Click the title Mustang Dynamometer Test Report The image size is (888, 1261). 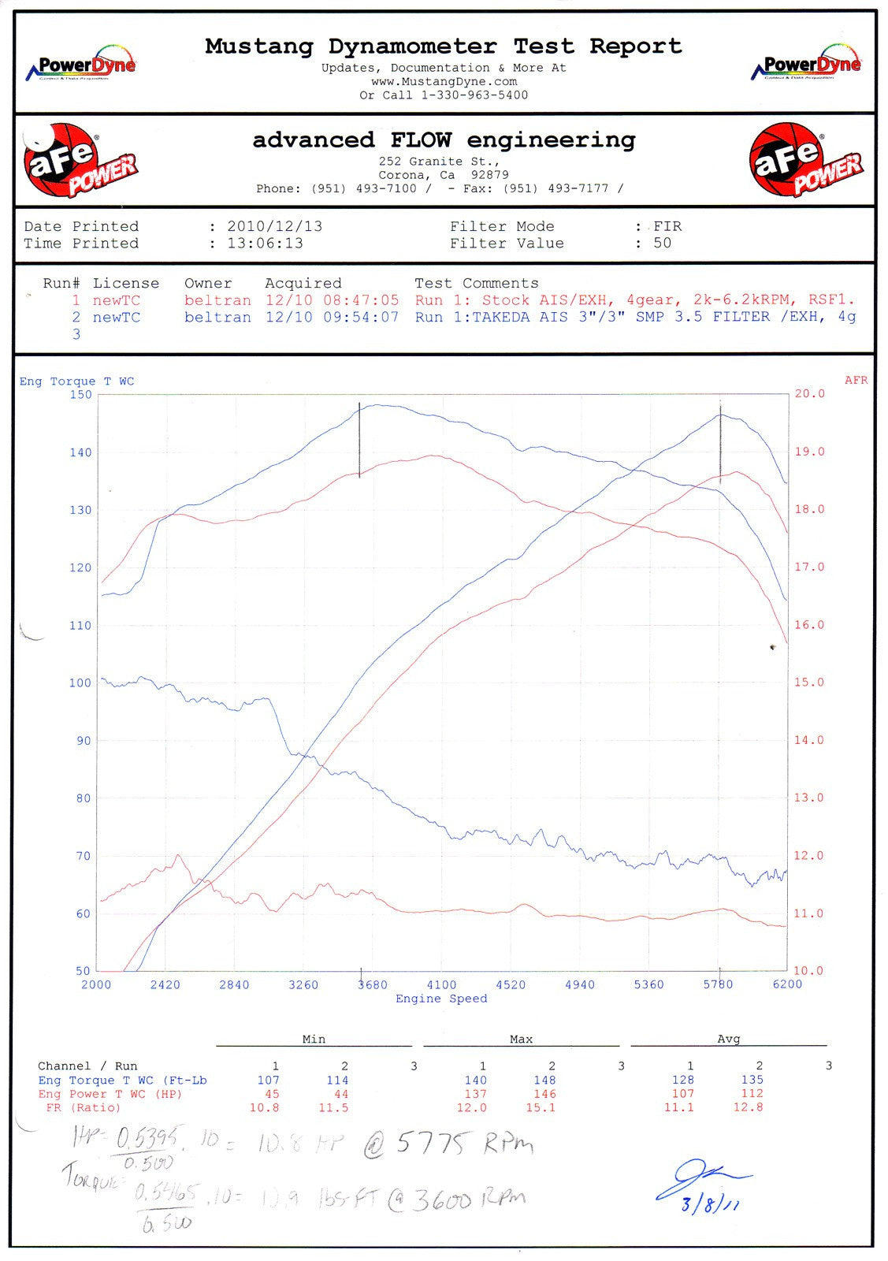click(443, 46)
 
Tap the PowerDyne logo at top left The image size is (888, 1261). click(81, 66)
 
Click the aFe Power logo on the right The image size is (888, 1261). click(804, 161)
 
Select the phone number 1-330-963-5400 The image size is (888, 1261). click(474, 95)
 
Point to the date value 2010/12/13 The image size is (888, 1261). click(274, 226)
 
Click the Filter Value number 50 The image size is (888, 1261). click(662, 243)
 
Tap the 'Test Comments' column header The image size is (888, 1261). click(477, 283)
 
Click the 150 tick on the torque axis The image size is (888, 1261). click(80, 395)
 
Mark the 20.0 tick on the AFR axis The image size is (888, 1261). click(809, 394)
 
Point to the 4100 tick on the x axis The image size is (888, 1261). click(441, 984)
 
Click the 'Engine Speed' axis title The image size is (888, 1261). click(441, 999)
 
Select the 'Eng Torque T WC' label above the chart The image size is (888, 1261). click(76, 381)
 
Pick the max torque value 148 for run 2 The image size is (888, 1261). click(544, 1081)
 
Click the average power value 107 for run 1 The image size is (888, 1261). click(683, 1094)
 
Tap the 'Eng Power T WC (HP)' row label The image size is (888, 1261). click(110, 1094)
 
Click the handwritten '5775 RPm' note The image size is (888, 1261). click(464, 1143)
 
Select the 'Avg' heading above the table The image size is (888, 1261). click(728, 1039)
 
